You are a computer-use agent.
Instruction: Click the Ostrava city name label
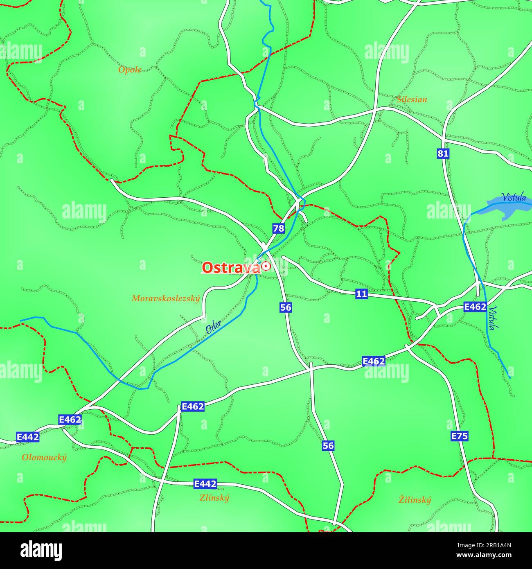tap(231, 268)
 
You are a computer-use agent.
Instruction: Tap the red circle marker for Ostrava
tap(266, 266)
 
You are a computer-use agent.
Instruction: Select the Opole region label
tap(130, 70)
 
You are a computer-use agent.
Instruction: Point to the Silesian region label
tap(412, 99)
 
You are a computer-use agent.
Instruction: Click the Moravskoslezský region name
tap(166, 299)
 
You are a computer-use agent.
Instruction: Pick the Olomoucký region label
tap(44, 458)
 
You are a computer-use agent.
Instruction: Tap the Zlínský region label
tap(214, 498)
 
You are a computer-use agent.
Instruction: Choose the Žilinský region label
tap(415, 500)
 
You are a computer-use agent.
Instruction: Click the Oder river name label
tap(213, 327)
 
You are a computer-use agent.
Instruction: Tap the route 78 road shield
tap(278, 228)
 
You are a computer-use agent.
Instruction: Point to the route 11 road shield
tap(361, 294)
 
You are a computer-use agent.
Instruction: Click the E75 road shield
tap(459, 436)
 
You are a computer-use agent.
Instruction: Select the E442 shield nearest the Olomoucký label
tap(28, 437)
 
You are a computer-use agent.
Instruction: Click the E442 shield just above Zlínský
tap(205, 484)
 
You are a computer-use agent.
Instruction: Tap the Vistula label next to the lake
tap(514, 197)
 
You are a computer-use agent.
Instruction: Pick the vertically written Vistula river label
tap(494, 318)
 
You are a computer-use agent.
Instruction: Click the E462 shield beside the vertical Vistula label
tap(475, 307)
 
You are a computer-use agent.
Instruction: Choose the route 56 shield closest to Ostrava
tap(286, 307)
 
